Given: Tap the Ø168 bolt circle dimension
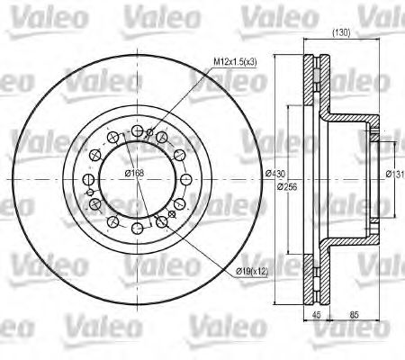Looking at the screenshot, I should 135,173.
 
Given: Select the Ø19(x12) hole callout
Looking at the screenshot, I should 246,271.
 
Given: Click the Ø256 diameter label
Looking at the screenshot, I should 287,186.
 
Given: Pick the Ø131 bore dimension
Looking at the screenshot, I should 394,174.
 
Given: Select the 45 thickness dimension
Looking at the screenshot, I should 317,315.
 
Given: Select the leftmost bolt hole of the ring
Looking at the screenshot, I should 91,178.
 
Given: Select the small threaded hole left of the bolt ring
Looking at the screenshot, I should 87,192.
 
